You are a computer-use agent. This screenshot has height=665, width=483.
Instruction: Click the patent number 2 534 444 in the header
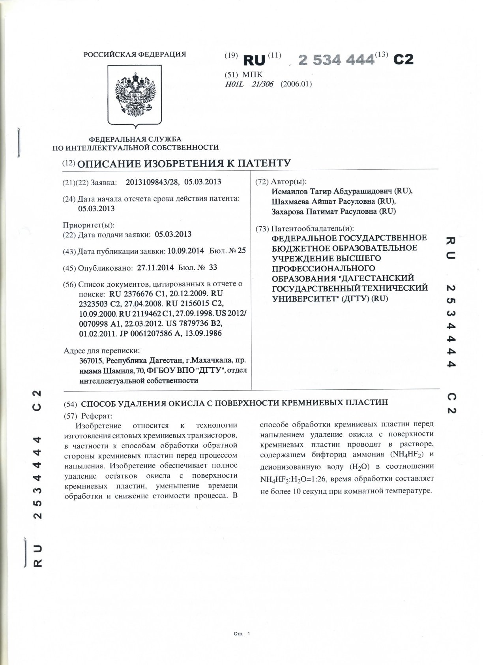tap(336, 60)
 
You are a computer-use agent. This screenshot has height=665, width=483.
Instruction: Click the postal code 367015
tap(91, 361)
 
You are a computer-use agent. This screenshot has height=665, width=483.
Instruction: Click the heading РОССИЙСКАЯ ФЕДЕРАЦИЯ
tap(135, 54)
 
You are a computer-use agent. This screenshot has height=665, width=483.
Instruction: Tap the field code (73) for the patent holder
tap(262, 229)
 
